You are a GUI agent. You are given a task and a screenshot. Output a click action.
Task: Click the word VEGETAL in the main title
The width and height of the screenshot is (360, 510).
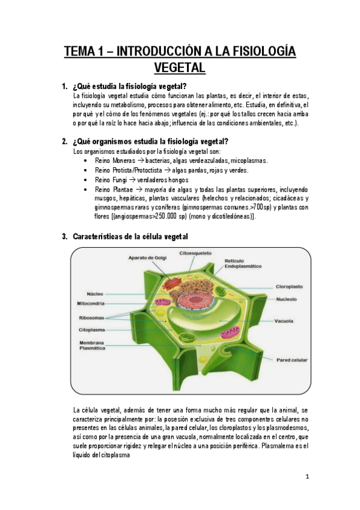180,67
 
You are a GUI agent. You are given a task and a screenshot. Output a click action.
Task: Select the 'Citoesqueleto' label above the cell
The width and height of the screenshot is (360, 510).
195,254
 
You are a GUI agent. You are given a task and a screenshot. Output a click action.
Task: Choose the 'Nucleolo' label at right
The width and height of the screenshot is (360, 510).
289,298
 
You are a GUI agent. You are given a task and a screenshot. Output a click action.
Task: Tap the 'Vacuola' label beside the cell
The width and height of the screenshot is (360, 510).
284,321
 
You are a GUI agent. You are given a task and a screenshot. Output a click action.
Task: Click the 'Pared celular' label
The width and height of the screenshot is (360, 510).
292,360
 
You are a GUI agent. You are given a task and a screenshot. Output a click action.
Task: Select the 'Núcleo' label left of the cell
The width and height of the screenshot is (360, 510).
95,294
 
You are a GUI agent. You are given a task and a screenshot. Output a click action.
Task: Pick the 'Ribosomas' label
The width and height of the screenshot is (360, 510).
91,318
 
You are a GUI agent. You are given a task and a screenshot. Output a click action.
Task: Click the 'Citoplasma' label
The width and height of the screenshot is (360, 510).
93,330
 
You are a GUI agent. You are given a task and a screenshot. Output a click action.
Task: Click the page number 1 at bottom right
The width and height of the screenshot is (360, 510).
307,477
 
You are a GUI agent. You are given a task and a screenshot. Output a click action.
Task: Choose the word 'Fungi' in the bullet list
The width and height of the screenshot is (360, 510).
120,180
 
